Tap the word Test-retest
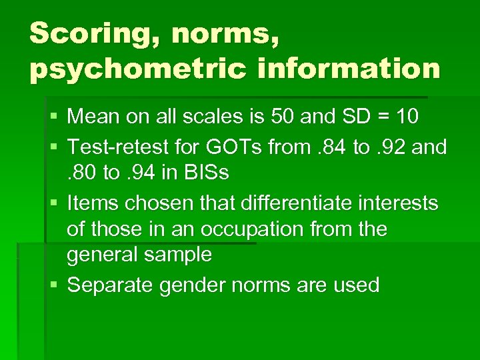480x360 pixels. coord(125,146)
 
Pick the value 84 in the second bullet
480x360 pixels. coord(329,146)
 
